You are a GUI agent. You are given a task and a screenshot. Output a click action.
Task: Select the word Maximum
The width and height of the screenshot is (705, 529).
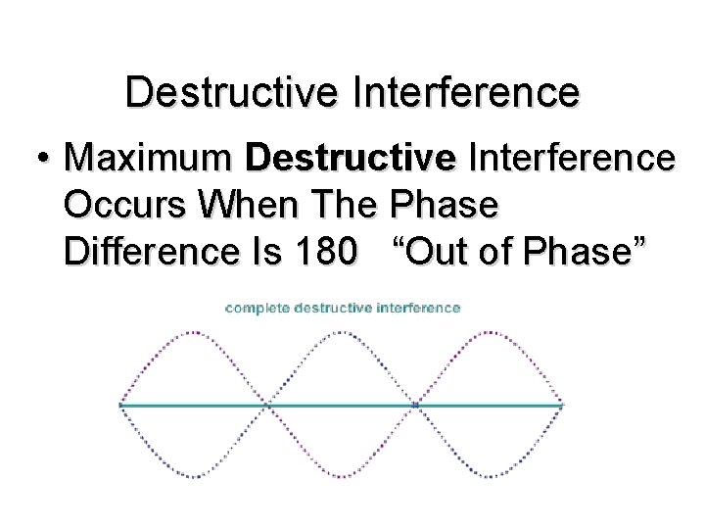coord(149,158)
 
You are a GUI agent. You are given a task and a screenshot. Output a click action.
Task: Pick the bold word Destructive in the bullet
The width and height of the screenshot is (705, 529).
coord(352,158)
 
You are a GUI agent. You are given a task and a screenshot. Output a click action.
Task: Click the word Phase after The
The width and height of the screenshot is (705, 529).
coord(444,205)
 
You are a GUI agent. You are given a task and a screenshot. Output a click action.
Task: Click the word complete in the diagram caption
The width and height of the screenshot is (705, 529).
coord(258,308)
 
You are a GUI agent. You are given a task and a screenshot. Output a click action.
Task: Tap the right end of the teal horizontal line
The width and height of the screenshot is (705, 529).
coord(562,405)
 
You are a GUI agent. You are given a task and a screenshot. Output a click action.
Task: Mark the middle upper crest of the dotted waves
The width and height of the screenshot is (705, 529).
coord(343,333)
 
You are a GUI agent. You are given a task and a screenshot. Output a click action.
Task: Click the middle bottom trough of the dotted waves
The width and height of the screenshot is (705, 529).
coord(343,476)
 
